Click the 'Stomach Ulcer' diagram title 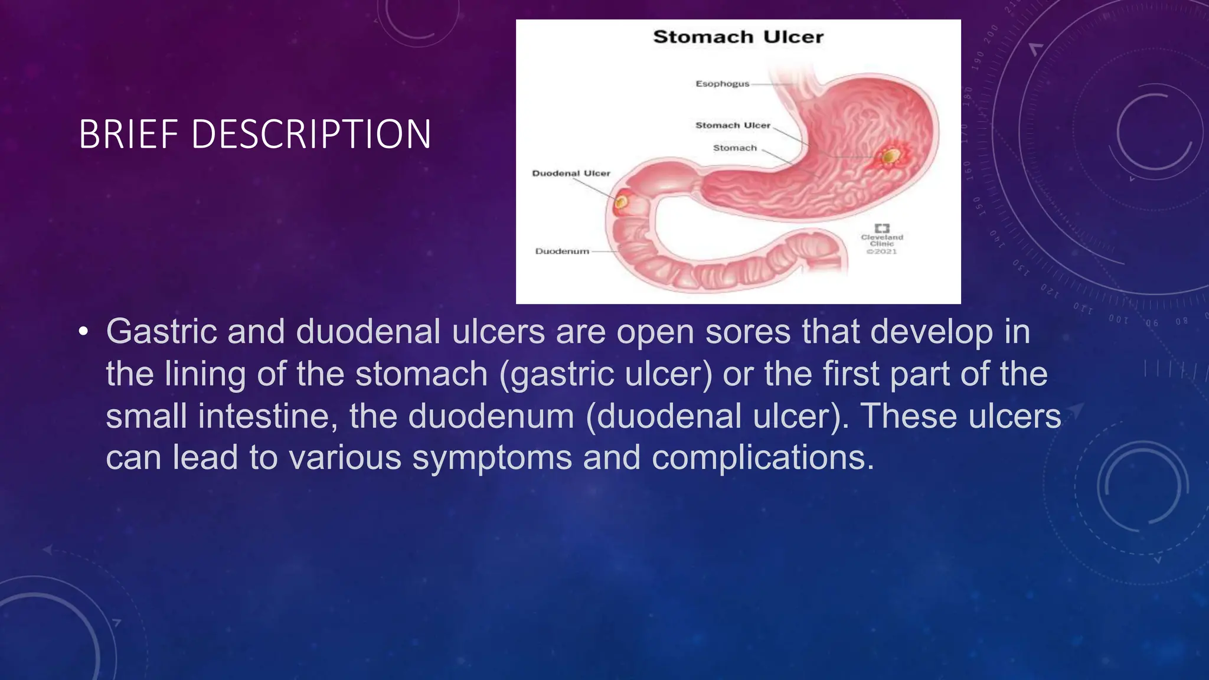pyautogui.click(x=738, y=37)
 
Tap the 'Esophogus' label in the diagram pyautogui.click(x=722, y=84)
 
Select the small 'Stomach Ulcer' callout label pyautogui.click(x=733, y=125)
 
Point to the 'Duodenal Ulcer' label pyautogui.click(x=571, y=173)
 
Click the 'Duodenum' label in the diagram pyautogui.click(x=562, y=251)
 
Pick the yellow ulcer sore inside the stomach pyautogui.click(x=891, y=156)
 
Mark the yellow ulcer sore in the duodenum pyautogui.click(x=621, y=202)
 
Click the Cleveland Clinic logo pyautogui.click(x=882, y=228)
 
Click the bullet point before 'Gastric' pyautogui.click(x=83, y=332)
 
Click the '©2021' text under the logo pyautogui.click(x=882, y=251)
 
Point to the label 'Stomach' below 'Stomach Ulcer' pyautogui.click(x=734, y=148)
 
